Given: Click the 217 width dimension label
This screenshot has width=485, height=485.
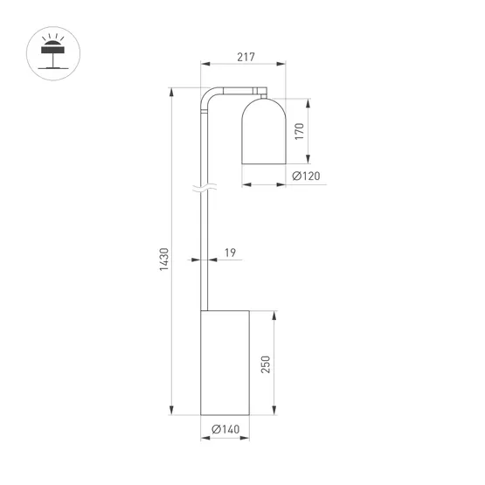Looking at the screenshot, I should click(x=245, y=58).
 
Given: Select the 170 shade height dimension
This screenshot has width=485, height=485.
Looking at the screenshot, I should click(x=300, y=131).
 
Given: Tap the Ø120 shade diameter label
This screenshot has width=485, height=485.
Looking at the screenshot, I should click(x=305, y=177).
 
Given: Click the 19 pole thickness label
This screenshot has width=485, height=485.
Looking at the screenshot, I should click(x=230, y=253).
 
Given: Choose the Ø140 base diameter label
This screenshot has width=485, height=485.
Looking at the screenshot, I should click(x=227, y=429).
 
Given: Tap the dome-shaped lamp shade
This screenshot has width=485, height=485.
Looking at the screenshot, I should click(x=264, y=130).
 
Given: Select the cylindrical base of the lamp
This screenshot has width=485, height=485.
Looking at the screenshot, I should click(x=225, y=362).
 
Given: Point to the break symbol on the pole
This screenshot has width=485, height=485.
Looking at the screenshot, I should click(x=204, y=188).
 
